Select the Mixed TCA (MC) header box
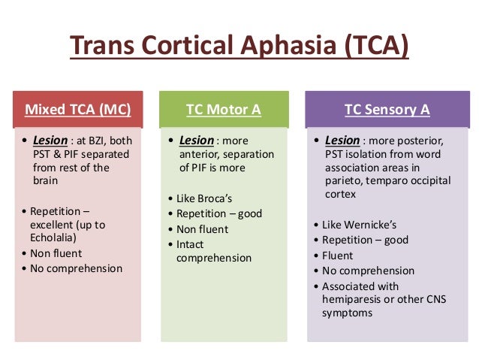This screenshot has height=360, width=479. pos(78,110)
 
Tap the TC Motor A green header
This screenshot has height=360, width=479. pos(224,110)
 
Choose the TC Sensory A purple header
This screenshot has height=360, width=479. pos(387,110)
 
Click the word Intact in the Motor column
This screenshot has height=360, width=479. pos(191,244)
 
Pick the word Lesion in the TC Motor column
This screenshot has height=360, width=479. pos(196,141)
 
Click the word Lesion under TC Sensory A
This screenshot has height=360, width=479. pos(342,141)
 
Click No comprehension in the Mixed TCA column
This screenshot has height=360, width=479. pos(76,268)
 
